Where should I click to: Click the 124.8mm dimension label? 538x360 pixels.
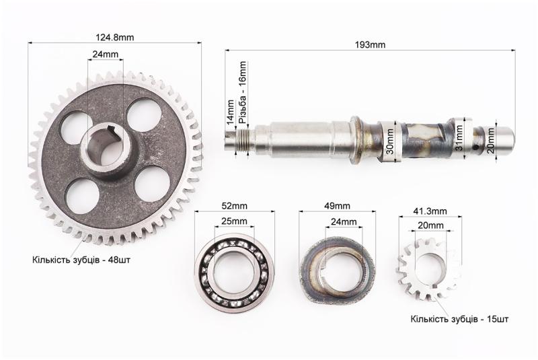point(114,38)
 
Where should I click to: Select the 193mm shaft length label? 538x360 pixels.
point(370,44)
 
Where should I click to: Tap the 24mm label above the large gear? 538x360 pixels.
point(106,55)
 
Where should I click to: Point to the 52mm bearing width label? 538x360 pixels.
point(234,206)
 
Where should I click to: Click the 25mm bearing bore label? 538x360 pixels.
point(234,221)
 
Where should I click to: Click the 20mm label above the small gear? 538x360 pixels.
point(430,225)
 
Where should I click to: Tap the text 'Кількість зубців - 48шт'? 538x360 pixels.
point(81,260)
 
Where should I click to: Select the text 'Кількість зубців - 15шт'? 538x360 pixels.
point(459,319)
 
